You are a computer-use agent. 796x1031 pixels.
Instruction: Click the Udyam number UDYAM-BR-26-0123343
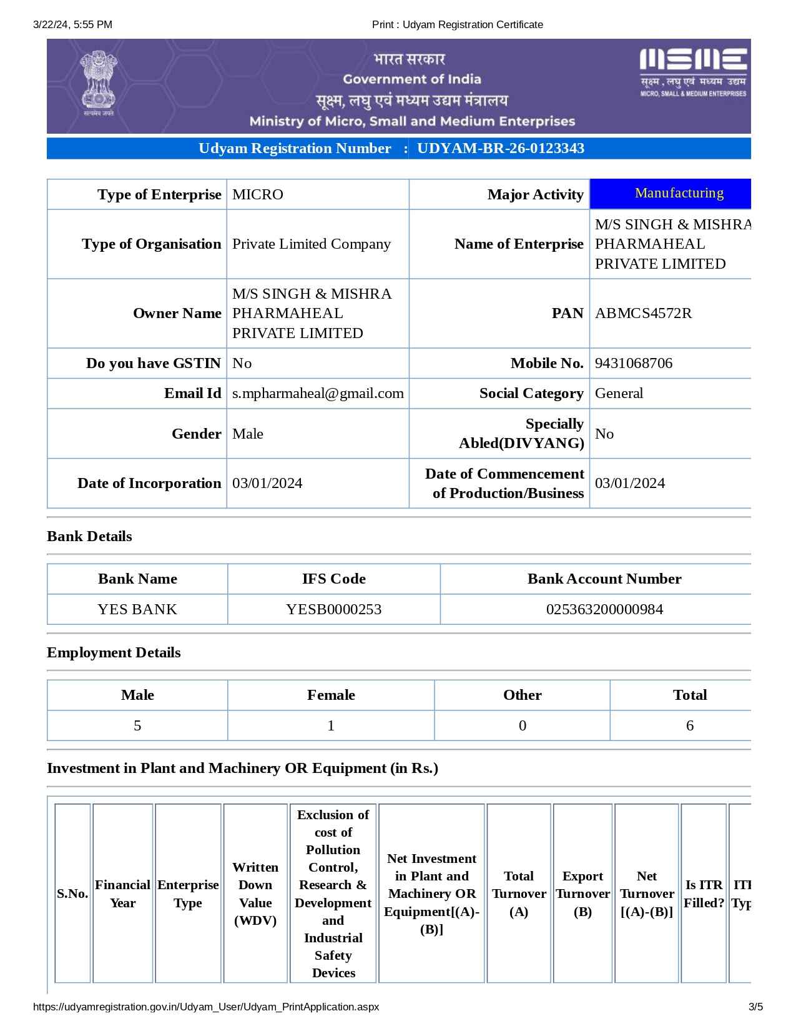[x=500, y=149]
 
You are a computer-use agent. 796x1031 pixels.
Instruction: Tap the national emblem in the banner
[x=99, y=82]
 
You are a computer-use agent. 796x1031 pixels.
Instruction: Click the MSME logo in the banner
[x=693, y=72]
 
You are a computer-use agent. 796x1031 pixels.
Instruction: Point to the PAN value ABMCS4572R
[x=643, y=313]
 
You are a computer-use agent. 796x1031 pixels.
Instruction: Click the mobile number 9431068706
[x=633, y=363]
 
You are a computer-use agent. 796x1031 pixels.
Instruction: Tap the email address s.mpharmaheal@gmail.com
[x=318, y=393]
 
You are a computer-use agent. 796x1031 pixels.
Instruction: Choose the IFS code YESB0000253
[x=333, y=609]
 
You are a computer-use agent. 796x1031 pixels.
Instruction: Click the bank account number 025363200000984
[x=604, y=609]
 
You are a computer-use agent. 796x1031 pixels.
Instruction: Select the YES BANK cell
[x=137, y=609]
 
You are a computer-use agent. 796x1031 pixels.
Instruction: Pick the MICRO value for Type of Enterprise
[x=258, y=194]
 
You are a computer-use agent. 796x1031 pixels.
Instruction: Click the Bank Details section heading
[x=89, y=536]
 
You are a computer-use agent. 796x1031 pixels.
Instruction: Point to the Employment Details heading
[x=114, y=652]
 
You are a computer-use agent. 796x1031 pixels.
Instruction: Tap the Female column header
[x=331, y=695]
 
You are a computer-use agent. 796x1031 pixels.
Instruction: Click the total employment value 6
[x=689, y=725]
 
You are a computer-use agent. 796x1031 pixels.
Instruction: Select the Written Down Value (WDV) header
[x=255, y=894]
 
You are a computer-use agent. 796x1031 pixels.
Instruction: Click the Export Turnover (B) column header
[x=582, y=894]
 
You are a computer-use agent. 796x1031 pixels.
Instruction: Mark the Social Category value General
[x=619, y=393]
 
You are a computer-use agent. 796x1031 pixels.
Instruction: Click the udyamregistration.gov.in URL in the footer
[x=205, y=1007]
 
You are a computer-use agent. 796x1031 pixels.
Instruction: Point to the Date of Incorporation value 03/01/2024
[x=267, y=483]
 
